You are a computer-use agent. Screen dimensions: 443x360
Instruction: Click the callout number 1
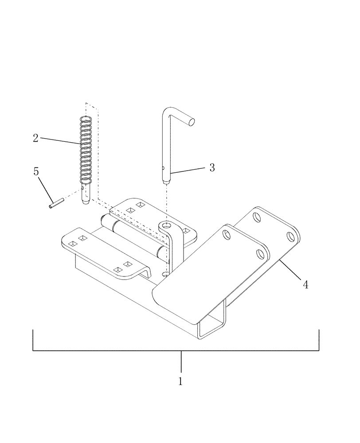tap(180, 381)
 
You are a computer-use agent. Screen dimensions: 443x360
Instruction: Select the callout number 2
tap(35, 138)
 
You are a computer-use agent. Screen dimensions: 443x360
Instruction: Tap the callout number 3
tap(212, 167)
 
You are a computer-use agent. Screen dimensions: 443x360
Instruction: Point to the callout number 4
tap(305, 284)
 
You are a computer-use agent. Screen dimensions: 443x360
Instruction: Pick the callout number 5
tap(36, 171)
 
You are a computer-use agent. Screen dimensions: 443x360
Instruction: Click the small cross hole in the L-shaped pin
tap(163, 168)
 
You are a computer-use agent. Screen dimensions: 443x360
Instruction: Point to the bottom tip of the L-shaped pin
tap(166, 181)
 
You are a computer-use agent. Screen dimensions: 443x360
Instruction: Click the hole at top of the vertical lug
tap(167, 225)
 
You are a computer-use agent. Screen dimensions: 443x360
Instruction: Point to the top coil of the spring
tap(86, 119)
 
